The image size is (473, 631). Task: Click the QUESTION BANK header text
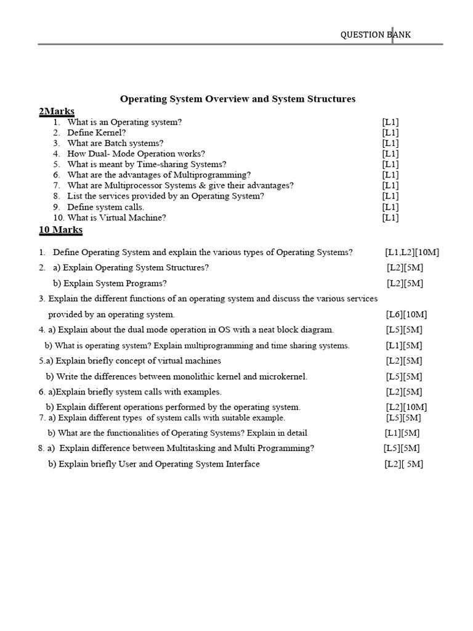[x=376, y=35]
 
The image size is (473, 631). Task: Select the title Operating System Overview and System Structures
[x=237, y=99]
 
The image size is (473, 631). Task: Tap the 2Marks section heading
[x=56, y=112]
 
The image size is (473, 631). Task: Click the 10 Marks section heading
[x=60, y=230]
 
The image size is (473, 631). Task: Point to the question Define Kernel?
[x=97, y=132]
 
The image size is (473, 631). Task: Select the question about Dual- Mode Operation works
[x=136, y=153]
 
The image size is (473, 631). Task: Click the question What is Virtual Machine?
[x=116, y=218]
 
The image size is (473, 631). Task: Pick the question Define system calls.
[x=106, y=207]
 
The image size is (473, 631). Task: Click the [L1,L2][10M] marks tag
[x=412, y=252]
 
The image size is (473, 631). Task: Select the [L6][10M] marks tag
[x=406, y=314]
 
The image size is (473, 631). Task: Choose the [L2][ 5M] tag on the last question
[x=404, y=464]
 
